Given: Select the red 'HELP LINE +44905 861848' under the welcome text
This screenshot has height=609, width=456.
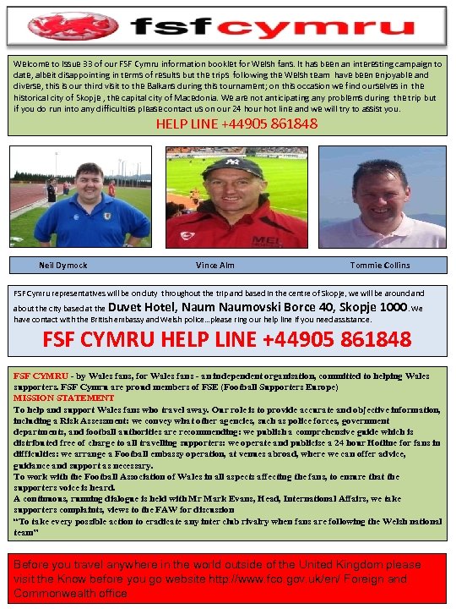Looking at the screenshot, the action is tap(236, 124).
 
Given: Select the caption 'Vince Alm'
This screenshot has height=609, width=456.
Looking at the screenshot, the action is tap(215, 265).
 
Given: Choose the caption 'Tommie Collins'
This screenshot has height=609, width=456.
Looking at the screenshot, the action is tap(381, 265).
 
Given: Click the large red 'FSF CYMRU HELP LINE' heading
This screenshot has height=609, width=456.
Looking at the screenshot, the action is tap(227, 339).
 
